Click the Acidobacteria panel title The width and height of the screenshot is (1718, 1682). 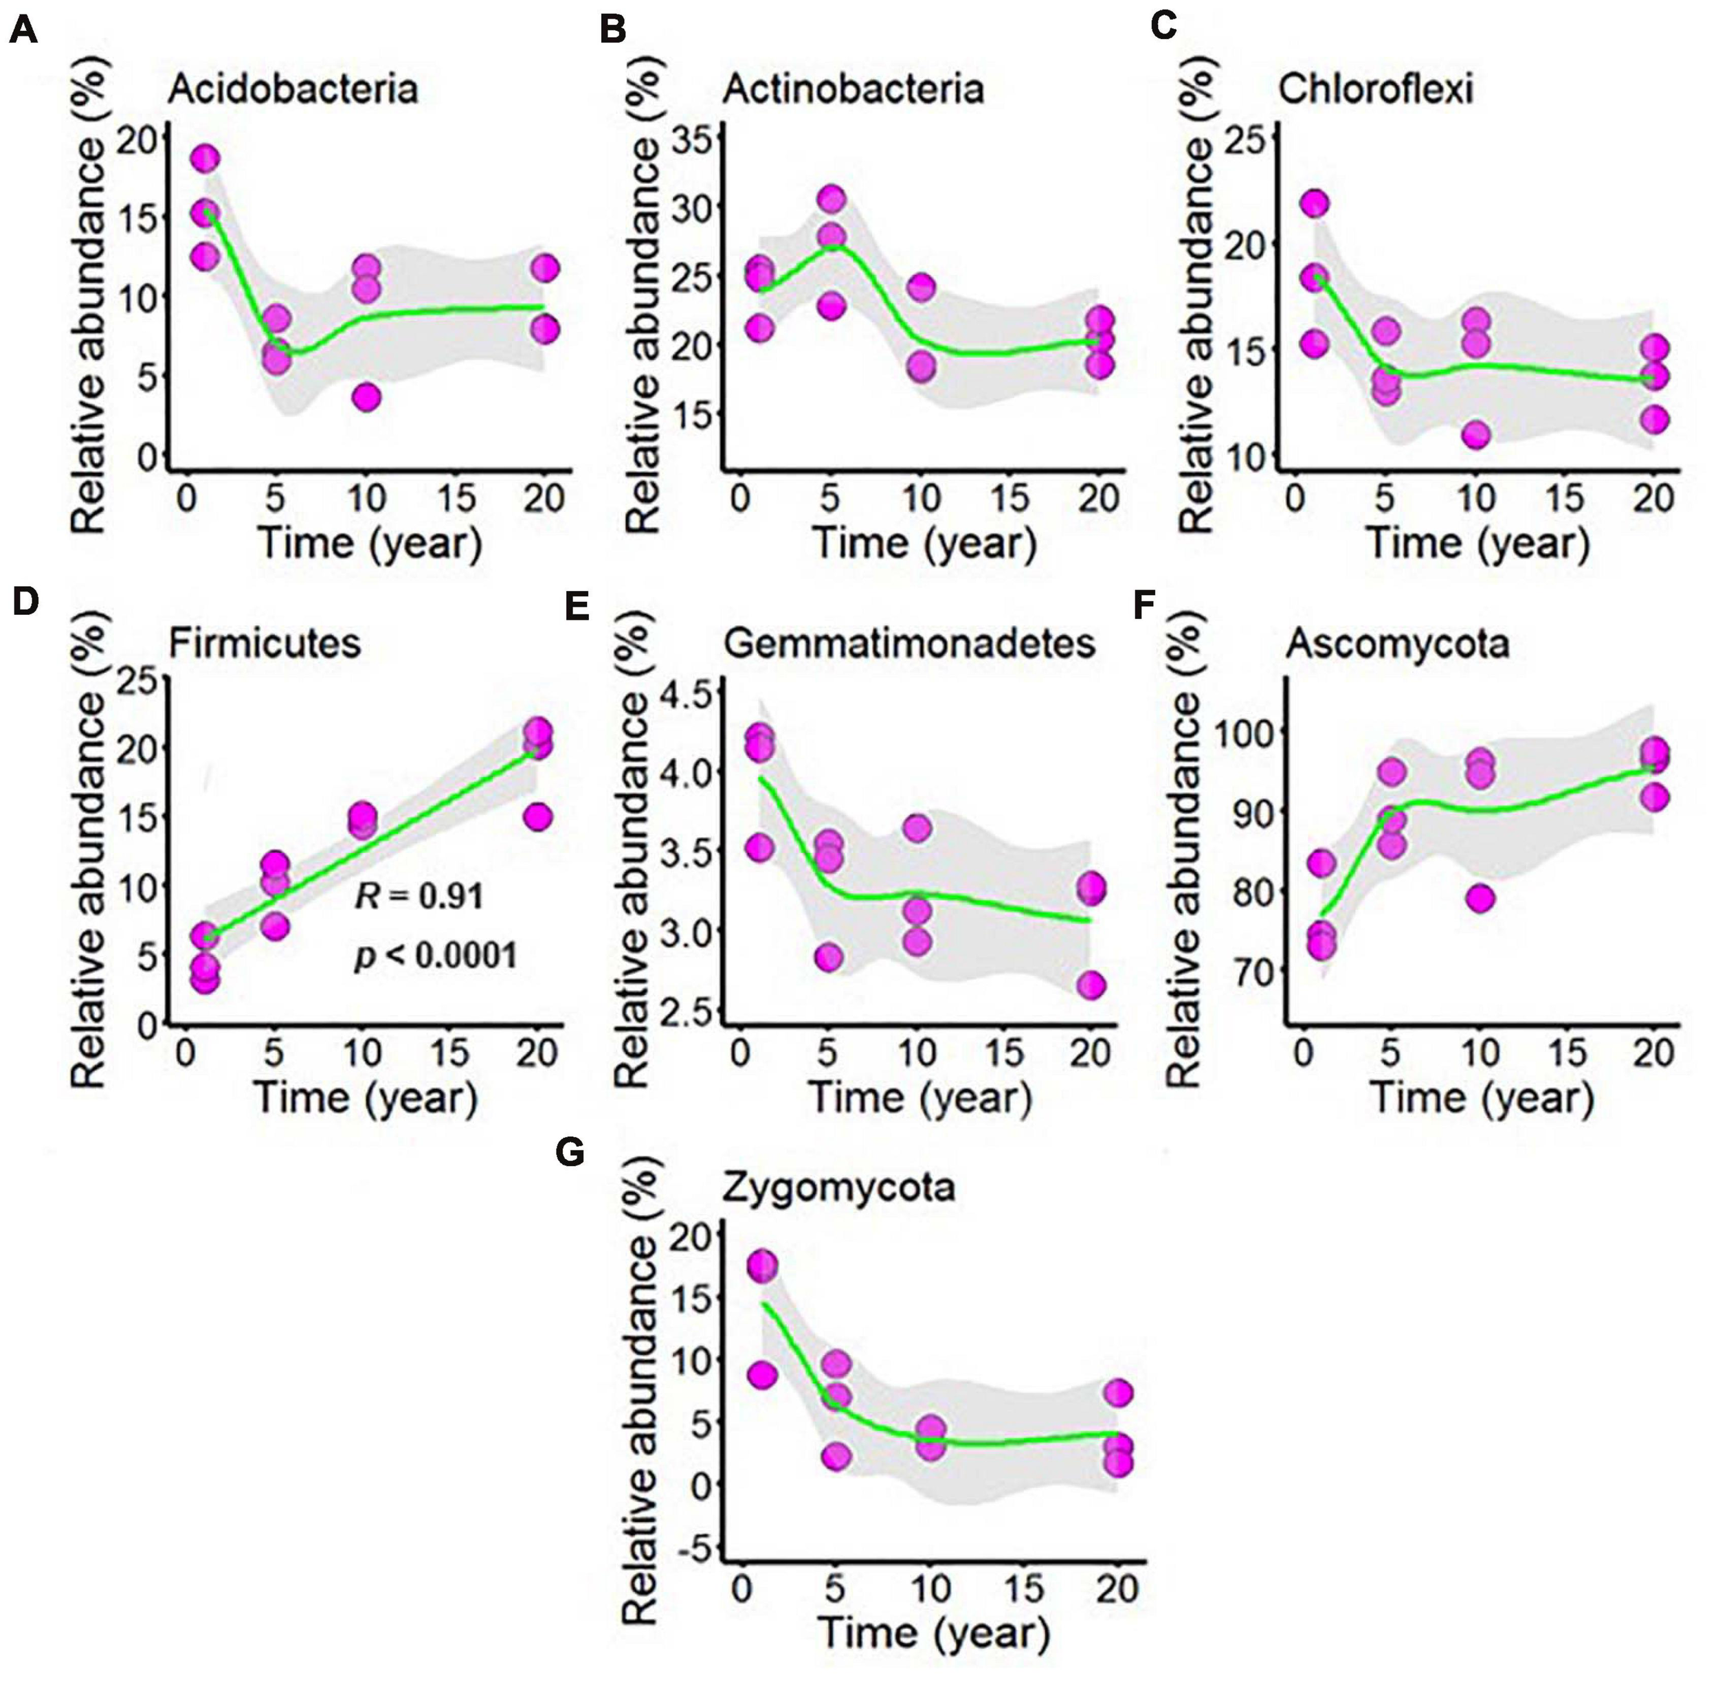pyautogui.click(x=293, y=89)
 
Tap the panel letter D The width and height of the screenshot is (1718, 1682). pyautogui.click(x=25, y=603)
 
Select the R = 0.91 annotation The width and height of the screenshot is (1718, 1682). pyautogui.click(x=419, y=897)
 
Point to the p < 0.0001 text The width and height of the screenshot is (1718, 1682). pyautogui.click(x=436, y=955)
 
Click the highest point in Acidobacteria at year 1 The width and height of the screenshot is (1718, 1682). pyautogui.click(x=204, y=159)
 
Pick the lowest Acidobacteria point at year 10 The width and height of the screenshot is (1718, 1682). pyautogui.click(x=366, y=398)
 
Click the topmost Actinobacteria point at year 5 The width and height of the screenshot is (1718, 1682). pyautogui.click(x=831, y=199)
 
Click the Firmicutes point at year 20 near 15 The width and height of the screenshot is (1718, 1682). pyautogui.click(x=537, y=816)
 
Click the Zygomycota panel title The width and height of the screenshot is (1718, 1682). pyautogui.click(x=838, y=1188)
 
